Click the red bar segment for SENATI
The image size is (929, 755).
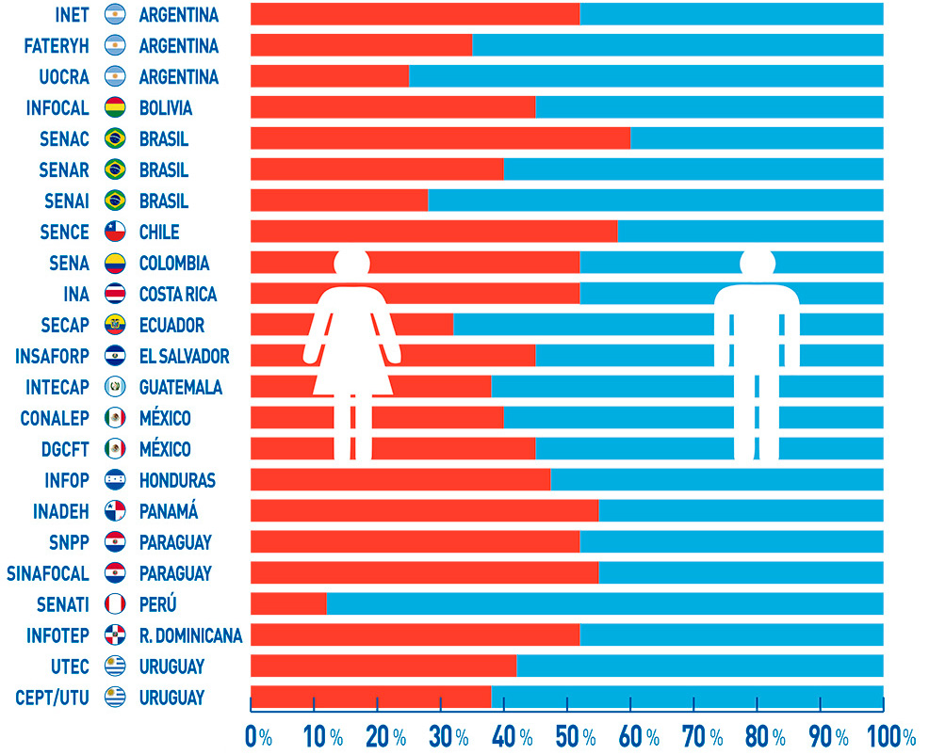pyautogui.click(x=288, y=603)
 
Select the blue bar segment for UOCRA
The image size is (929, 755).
pyautogui.click(x=645, y=76)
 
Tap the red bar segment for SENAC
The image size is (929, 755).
pyautogui.click(x=440, y=138)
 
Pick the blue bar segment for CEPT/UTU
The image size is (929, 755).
pyautogui.click(x=687, y=697)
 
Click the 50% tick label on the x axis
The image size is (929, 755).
pyautogui.click(x=576, y=736)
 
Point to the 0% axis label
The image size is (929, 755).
pyautogui.click(x=258, y=736)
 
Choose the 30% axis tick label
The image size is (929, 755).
pyautogui.click(x=448, y=736)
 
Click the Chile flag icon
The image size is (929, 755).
pyautogui.click(x=116, y=232)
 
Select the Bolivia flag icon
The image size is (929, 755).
pyautogui.click(x=116, y=107)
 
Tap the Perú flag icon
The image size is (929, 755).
pyautogui.click(x=116, y=604)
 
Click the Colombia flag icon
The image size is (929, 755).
pyautogui.click(x=116, y=263)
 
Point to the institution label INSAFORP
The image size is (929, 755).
pyautogui.click(x=53, y=356)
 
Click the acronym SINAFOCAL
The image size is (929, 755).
pyautogui.click(x=48, y=573)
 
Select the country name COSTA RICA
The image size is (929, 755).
pyautogui.click(x=178, y=294)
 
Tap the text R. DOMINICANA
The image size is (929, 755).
pyautogui.click(x=190, y=635)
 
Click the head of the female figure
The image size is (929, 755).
pyautogui.click(x=351, y=263)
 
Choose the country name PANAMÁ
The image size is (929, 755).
pyautogui.click(x=169, y=511)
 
